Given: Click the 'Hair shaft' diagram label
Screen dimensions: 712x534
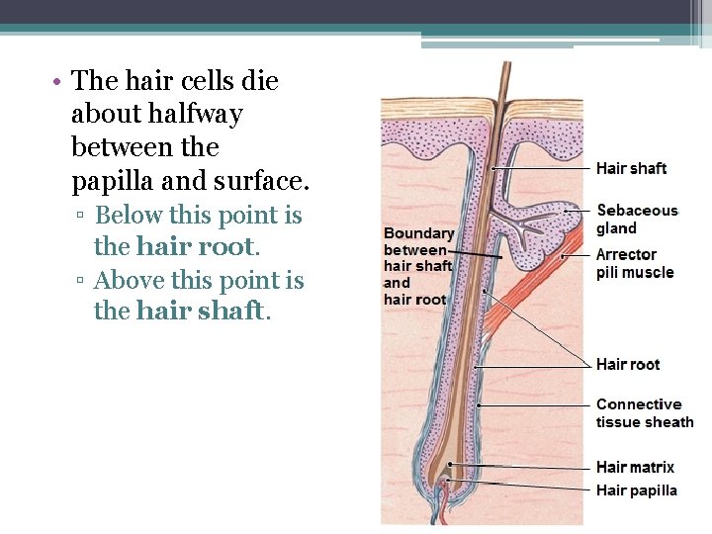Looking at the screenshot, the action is (631, 168).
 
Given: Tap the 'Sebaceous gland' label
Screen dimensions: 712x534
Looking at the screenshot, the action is (637, 219).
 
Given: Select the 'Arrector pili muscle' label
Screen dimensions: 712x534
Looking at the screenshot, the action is (634, 263).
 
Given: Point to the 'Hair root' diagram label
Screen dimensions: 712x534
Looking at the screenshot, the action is (627, 364).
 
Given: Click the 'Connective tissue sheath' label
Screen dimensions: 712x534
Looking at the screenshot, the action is (644, 412).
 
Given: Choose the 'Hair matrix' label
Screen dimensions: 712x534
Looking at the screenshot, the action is (634, 467).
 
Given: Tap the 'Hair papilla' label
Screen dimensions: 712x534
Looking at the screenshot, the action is (636, 489).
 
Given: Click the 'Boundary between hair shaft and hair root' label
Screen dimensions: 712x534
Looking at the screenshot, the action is (418, 266).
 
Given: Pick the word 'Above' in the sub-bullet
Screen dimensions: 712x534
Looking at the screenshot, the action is (130, 280).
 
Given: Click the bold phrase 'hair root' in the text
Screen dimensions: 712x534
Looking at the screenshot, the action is (196, 245).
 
